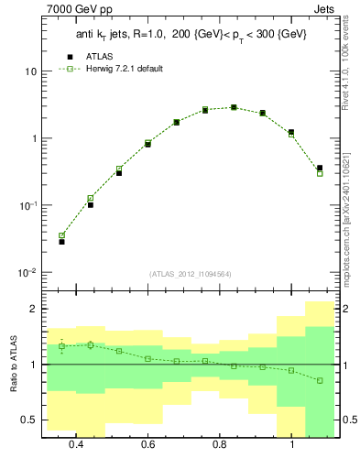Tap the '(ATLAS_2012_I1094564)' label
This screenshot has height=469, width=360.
(x=191, y=273)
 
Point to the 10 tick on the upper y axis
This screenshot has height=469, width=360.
(x=31, y=71)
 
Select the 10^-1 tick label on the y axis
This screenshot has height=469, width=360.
(x=28, y=205)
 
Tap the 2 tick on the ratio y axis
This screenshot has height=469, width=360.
(x=33, y=309)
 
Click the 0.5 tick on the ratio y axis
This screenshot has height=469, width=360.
(x=29, y=420)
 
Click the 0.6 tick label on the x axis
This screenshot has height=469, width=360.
(x=148, y=444)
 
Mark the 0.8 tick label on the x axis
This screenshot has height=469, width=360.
(x=220, y=444)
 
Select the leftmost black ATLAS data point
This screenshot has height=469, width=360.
(x=61, y=242)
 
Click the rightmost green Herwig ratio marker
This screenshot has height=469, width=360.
(x=320, y=380)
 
